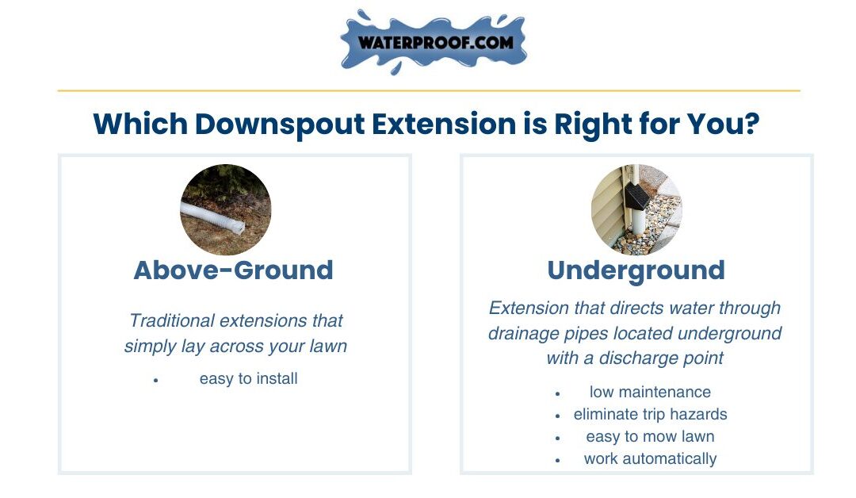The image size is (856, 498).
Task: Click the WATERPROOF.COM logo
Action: click(x=434, y=42)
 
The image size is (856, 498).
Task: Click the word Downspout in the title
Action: click(x=280, y=125)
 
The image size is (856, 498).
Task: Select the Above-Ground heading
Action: click(x=233, y=270)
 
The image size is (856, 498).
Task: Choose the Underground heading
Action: click(x=636, y=270)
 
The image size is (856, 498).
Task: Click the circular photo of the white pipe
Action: click(x=225, y=209)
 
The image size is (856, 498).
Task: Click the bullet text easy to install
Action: click(x=248, y=378)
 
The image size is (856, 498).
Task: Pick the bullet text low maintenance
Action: click(x=650, y=392)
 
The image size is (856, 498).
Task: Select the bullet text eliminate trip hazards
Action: click(x=650, y=415)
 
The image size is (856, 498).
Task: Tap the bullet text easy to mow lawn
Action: click(x=650, y=437)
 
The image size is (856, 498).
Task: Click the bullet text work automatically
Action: click(x=650, y=458)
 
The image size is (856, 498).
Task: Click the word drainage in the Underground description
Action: click(x=516, y=334)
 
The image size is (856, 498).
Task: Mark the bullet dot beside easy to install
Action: click(x=156, y=380)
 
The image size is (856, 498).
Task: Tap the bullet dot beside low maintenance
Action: click(x=557, y=393)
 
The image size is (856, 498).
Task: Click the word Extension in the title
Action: click(x=444, y=124)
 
